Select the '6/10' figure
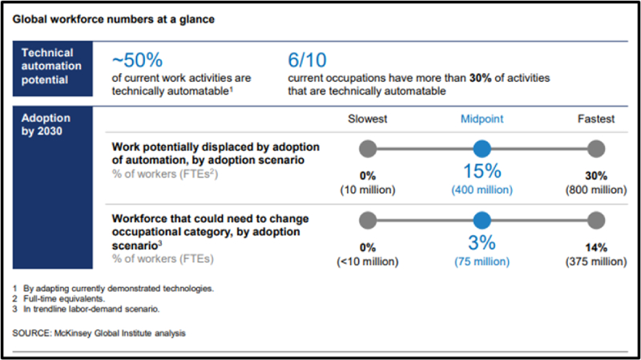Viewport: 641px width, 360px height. (308, 60)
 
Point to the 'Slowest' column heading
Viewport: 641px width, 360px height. (368, 119)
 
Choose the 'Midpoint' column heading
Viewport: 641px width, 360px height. (482, 119)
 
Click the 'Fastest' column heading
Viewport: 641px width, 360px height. (595, 119)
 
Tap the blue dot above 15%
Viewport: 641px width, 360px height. (482, 148)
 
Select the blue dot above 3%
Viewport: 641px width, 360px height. (482, 222)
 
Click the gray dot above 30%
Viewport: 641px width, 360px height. (595, 148)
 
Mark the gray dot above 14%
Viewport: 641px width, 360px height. (595, 222)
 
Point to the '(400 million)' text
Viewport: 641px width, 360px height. (482, 190)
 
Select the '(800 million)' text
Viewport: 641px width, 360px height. (595, 190)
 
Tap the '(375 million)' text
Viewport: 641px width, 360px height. (595, 262)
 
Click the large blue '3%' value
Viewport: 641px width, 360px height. (482, 245)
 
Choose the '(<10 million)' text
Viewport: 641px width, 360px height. (368, 262)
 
